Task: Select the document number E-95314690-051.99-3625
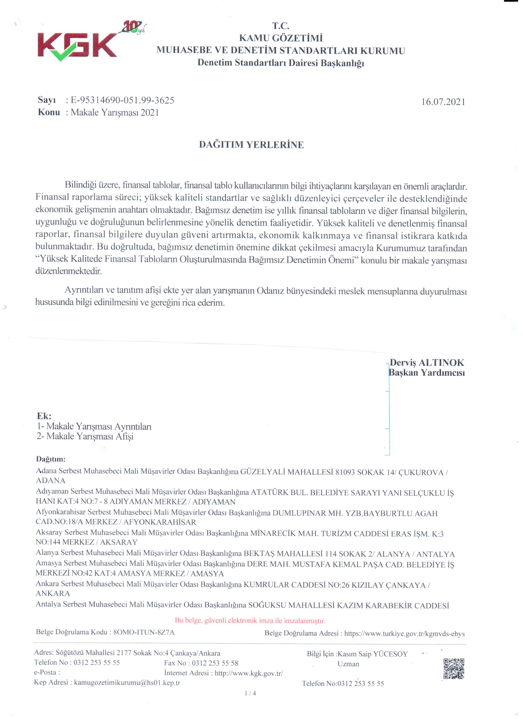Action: coord(122,100)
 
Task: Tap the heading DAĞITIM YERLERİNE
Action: coord(251,145)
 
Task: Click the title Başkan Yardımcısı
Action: coord(427,373)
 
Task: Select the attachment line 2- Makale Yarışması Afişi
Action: coord(85,437)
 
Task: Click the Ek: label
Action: coord(44,416)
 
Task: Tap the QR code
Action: coord(453,669)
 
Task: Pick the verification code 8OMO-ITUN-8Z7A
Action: coord(144,633)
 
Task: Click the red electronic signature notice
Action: coord(250,621)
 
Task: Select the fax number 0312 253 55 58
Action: coord(215,663)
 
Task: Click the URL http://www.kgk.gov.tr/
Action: coord(249,673)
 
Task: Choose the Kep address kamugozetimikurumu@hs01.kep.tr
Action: coord(127,683)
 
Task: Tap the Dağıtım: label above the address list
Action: coord(51,459)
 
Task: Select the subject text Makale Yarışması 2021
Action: coord(114,113)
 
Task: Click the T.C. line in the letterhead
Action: coord(281,26)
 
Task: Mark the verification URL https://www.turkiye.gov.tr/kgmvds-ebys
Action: coord(404,634)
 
